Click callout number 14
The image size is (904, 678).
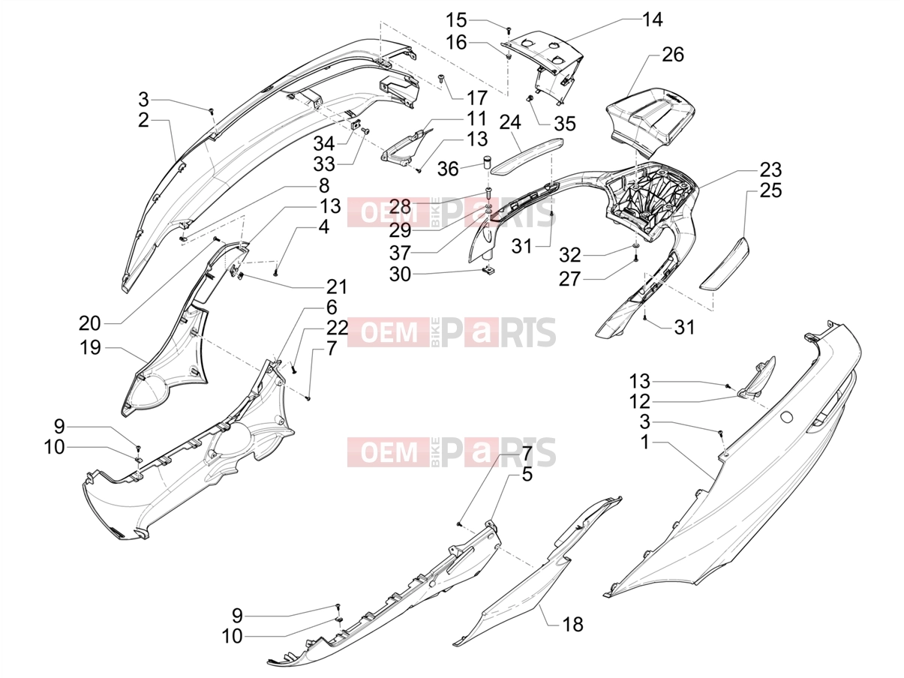(x=652, y=19)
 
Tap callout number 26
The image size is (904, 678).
(x=673, y=54)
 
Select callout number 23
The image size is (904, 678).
(x=770, y=169)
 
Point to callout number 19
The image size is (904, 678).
(x=90, y=347)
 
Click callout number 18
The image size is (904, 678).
(x=572, y=625)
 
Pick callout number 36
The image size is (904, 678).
(x=448, y=169)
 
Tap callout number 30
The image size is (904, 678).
(x=400, y=274)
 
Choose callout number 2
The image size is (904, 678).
(x=143, y=120)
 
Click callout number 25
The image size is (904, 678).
(x=770, y=190)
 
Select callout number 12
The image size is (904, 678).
(x=640, y=401)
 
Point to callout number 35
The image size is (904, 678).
(x=565, y=124)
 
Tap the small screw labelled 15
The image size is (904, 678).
(x=509, y=28)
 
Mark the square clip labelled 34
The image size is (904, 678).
(x=356, y=124)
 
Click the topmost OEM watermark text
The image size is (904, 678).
(x=389, y=212)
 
